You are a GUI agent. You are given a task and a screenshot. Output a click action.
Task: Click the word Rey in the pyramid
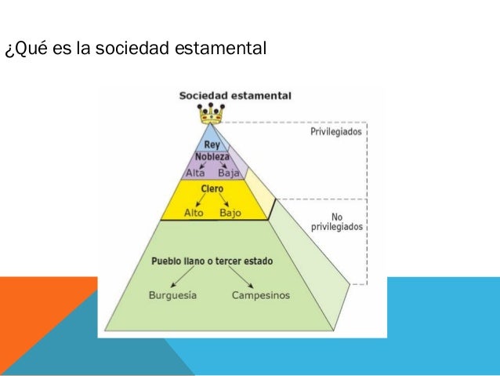(x=212, y=144)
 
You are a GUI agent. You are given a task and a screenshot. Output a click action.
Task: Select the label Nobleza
(x=212, y=157)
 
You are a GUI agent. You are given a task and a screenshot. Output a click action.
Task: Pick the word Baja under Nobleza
(x=228, y=172)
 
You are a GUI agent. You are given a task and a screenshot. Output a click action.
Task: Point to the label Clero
(x=212, y=189)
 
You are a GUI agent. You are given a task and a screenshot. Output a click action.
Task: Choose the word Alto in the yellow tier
(x=194, y=213)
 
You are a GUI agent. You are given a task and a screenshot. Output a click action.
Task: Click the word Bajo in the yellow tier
(x=230, y=213)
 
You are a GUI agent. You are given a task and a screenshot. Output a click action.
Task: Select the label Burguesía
(x=172, y=296)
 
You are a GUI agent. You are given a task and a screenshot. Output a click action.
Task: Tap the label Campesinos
(x=261, y=296)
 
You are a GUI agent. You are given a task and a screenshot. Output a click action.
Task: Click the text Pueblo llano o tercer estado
(x=212, y=260)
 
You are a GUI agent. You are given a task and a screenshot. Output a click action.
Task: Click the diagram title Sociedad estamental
(x=235, y=96)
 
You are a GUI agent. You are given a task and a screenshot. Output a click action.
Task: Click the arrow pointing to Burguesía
(x=187, y=279)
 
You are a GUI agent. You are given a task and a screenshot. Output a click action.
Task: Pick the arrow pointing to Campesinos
(x=242, y=279)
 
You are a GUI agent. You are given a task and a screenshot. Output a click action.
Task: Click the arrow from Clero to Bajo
(x=223, y=200)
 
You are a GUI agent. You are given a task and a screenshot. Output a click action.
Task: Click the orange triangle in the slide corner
(x=39, y=314)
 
